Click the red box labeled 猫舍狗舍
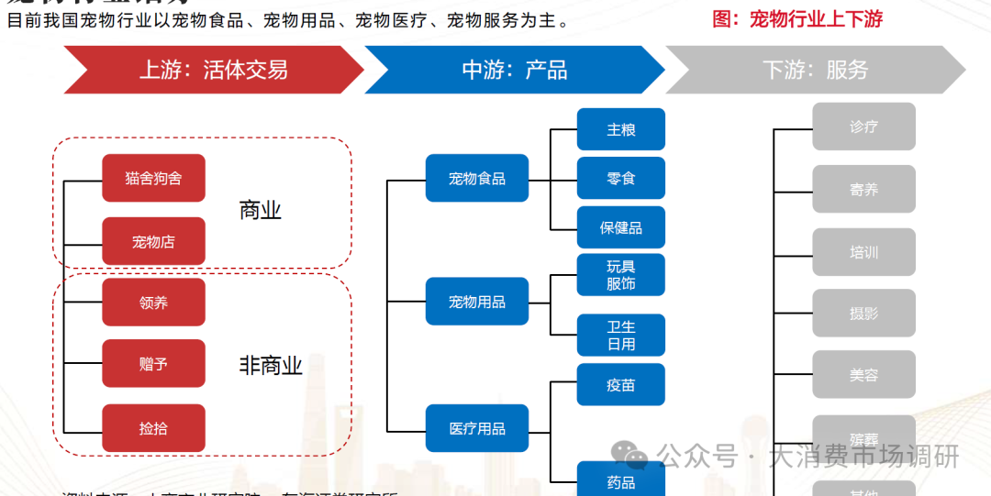[153, 178]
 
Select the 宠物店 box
[153, 241]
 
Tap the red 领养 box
[153, 303]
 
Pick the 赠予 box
[153, 364]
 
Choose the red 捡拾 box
[153, 428]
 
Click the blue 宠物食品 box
[477, 178]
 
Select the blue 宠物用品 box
[477, 302]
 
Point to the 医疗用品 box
[477, 428]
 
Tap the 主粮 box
[621, 129]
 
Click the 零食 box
[621, 178]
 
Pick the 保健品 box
[621, 227]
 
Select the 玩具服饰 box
[621, 275]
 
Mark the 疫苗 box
[621, 385]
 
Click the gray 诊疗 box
[863, 127]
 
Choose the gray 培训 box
[863, 252]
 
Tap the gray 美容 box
[863, 375]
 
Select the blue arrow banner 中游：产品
[514, 70]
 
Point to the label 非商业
[271, 366]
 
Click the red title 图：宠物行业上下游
[797, 19]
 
